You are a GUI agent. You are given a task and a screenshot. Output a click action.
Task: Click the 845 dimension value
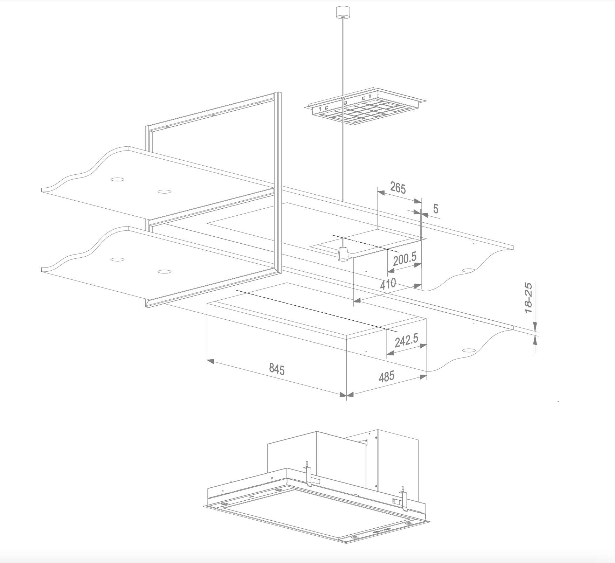coord(277,369)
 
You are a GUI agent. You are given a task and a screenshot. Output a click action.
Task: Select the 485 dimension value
coord(387,376)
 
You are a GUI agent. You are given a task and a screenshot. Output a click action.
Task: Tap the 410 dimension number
coord(388,283)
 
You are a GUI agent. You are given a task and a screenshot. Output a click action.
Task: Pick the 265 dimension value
coord(398,188)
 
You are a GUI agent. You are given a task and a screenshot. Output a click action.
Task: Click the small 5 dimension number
coord(436,209)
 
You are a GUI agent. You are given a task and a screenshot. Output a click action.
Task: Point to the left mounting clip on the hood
coord(308,475)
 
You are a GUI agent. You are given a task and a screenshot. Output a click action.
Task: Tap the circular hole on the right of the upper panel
coord(468,270)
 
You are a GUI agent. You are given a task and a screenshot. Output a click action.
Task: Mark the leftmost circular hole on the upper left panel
coord(117,179)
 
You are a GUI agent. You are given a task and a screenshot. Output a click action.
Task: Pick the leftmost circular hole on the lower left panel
coord(117,259)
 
